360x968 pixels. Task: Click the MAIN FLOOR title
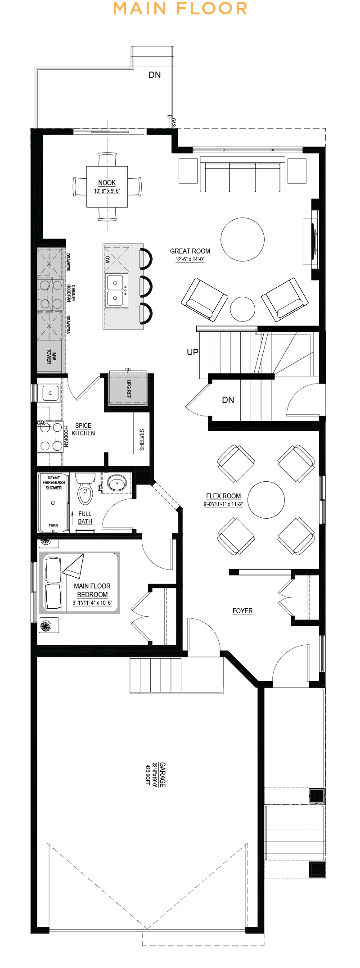coord(180,9)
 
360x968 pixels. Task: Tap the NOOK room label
coord(107,183)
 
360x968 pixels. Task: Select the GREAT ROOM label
coord(190,251)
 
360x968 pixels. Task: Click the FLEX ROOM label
coord(223,496)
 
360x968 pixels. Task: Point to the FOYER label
coord(243,611)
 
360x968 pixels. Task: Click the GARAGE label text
coord(162,774)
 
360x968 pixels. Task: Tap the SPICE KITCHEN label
coord(83,430)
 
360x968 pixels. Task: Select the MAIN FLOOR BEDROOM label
coord(92,590)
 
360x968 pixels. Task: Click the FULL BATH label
coord(85,518)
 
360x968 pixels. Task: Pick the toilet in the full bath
coord(85,489)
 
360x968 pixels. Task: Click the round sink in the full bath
coord(116,484)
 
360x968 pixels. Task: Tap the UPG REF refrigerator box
coord(128,389)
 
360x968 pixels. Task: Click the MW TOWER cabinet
coord(49,357)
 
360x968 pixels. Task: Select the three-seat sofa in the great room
coord(243,175)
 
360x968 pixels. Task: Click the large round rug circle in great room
coord(243,240)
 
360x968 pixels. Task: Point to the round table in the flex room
coord(266,500)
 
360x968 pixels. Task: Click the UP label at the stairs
coord(193,352)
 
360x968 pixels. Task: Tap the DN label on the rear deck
coord(155,75)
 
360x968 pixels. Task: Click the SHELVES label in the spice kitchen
coord(142,440)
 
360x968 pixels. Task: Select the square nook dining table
coord(107,186)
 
